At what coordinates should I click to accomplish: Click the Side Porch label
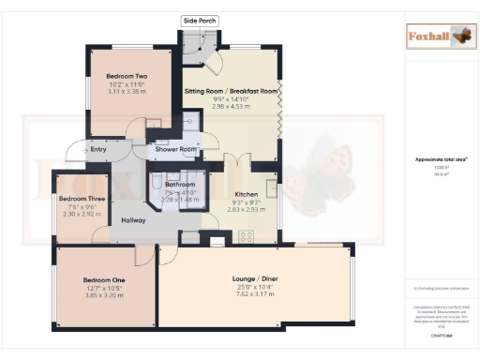199,20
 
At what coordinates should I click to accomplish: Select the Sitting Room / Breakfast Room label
230,91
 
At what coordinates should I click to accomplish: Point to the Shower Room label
175,149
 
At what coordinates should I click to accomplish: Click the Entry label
97,148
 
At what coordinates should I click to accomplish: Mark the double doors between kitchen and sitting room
241,160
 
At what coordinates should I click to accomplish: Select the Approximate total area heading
436,160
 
